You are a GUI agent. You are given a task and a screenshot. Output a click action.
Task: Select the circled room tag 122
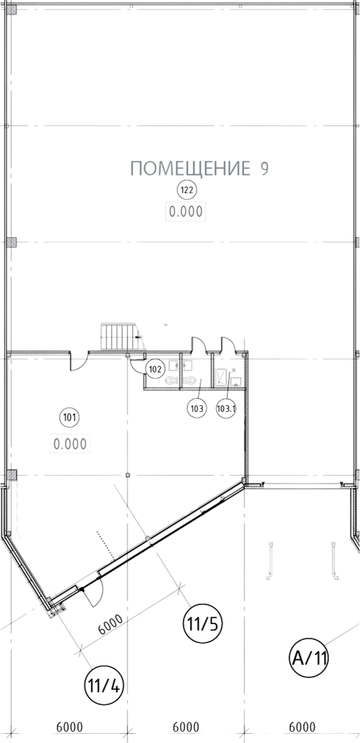point(187,191)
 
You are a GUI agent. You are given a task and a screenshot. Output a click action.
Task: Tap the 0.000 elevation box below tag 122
point(186,212)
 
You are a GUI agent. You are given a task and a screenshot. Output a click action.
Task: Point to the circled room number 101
point(70,418)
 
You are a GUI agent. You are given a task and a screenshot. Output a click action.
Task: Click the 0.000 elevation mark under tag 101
point(70,444)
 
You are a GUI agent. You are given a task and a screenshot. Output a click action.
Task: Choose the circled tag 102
point(155,368)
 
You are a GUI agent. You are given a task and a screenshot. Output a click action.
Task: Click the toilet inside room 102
point(171,380)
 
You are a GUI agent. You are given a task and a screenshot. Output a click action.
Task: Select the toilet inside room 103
point(191,380)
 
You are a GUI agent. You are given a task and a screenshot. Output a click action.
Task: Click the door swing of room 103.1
point(228,344)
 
